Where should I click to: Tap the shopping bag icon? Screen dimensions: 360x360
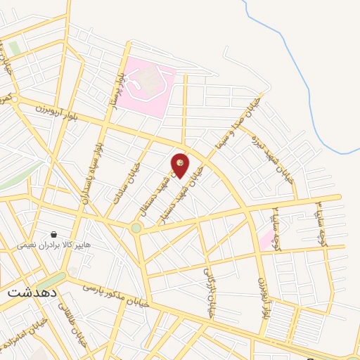tap(53, 234)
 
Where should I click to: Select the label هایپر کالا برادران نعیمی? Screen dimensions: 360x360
tap(53, 246)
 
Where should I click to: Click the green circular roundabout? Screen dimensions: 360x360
tap(136, 228)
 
